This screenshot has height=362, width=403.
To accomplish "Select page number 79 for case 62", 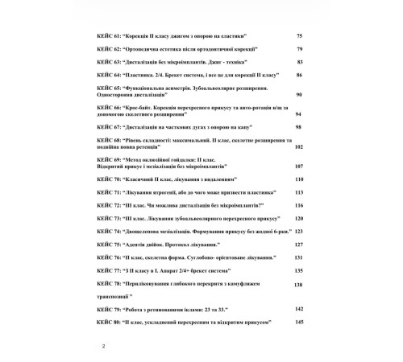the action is click(x=299, y=49).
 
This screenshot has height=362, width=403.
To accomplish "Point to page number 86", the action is click(x=299, y=75).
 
